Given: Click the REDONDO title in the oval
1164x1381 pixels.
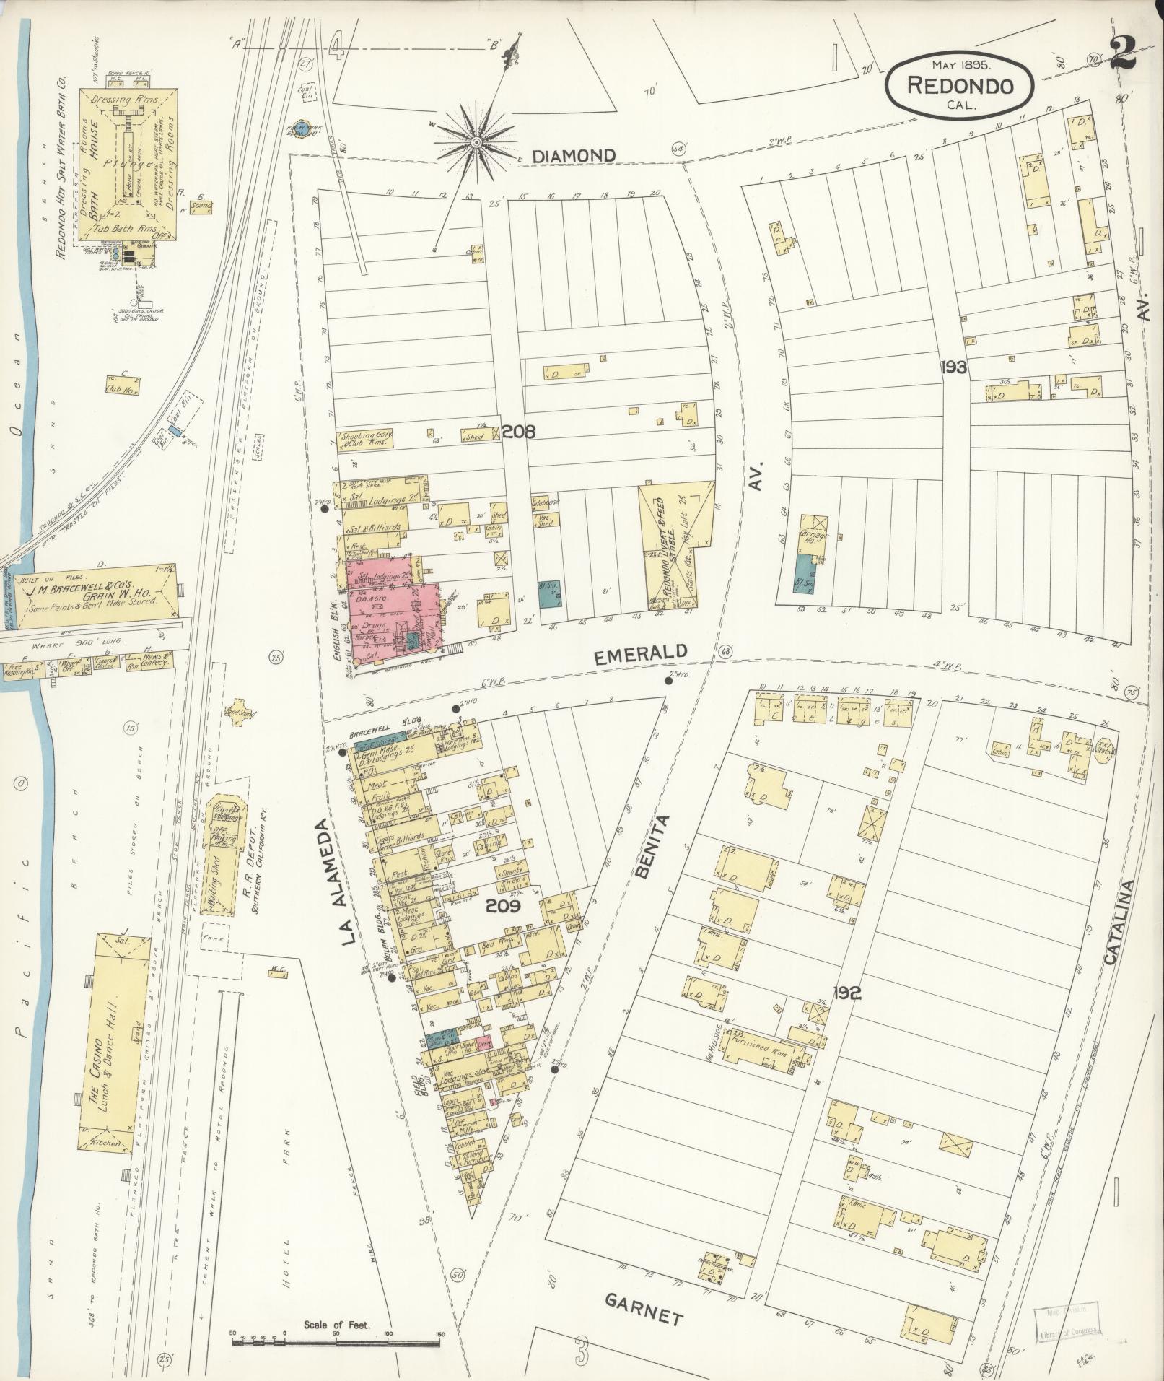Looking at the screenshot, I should point(959,86).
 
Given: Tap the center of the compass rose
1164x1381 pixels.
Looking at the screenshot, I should point(476,143).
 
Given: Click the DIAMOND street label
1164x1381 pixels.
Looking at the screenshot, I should point(575,155).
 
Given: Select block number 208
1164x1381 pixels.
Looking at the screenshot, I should point(518,432).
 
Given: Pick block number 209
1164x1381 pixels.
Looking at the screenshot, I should point(503,906).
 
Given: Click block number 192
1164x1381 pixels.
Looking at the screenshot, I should point(846,993).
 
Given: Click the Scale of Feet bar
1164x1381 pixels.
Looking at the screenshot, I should point(336,1343).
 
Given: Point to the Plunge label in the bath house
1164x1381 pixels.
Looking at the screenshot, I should point(130,164).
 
